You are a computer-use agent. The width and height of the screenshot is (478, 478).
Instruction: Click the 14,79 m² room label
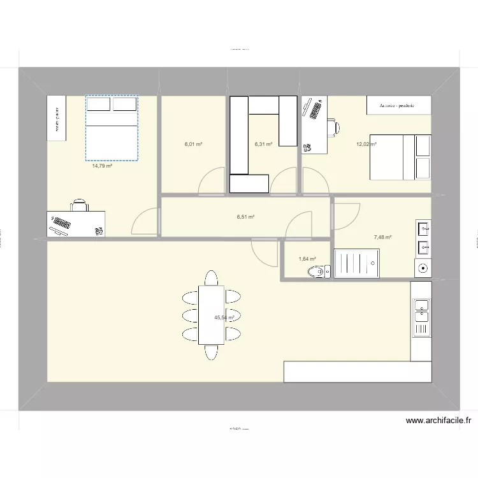[x=102, y=166]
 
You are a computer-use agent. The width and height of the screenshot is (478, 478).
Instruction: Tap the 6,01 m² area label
[x=194, y=145]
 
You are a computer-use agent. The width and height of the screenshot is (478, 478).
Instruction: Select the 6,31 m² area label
[x=263, y=145]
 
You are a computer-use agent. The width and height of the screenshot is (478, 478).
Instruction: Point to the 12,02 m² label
[x=366, y=145]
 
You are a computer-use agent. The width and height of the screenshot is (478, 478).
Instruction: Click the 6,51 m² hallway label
[x=245, y=217]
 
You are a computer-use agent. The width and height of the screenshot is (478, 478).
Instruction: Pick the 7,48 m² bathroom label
[x=382, y=237]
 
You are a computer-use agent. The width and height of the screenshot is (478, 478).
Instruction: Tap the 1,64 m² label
[x=307, y=259]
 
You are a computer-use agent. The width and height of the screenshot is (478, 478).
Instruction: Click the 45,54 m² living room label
[x=224, y=317]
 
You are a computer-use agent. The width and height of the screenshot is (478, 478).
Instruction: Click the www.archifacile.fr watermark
[x=438, y=421]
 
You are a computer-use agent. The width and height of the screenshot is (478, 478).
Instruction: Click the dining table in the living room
[x=211, y=315]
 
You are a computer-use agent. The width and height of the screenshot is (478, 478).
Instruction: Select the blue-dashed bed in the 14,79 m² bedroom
[x=112, y=127]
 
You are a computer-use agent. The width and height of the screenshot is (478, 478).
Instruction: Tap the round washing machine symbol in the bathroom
[x=422, y=268]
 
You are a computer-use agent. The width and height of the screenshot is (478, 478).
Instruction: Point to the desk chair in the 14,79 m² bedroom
[x=80, y=205]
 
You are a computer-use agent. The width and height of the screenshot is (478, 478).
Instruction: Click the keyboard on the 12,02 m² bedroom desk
[x=312, y=108]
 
